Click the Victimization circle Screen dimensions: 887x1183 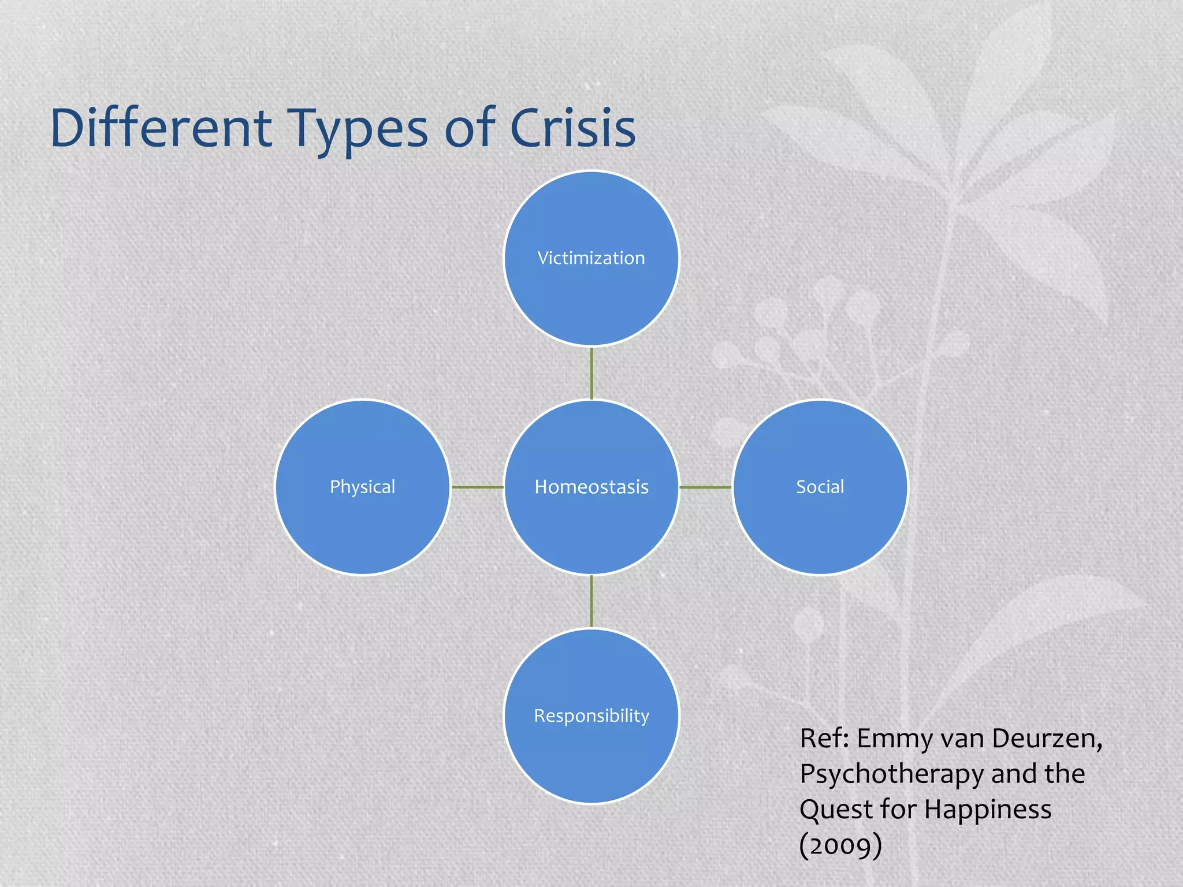[x=591, y=258]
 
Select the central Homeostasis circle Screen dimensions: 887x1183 [x=591, y=487]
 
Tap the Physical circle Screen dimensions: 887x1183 [x=363, y=487]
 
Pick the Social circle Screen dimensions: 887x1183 [x=820, y=487]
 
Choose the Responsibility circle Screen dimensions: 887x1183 [x=591, y=715]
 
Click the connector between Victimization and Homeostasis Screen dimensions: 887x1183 [x=591, y=373]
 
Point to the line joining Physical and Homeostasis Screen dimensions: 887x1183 [x=477, y=487]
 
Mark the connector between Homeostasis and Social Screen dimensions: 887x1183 [x=705, y=487]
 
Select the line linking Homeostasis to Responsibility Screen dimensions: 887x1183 [x=591, y=601]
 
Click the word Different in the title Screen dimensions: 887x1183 [x=161, y=128]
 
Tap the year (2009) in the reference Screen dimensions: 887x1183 [x=840, y=845]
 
